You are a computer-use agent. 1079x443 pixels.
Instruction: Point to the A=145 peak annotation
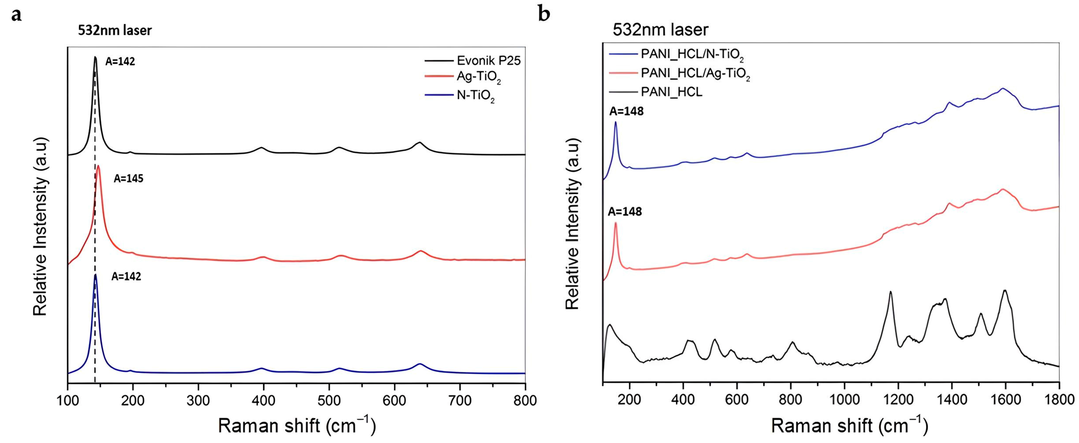click(128, 179)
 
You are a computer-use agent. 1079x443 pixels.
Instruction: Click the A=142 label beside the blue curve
click(126, 277)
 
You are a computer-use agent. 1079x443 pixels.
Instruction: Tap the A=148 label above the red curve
click(625, 212)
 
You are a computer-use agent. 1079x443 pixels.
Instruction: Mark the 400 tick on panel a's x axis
click(264, 400)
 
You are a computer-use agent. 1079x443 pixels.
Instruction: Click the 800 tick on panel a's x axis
click(525, 400)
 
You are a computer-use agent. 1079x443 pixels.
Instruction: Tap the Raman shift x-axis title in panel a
click(297, 426)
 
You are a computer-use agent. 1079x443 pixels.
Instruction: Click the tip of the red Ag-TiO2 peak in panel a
click(98, 166)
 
